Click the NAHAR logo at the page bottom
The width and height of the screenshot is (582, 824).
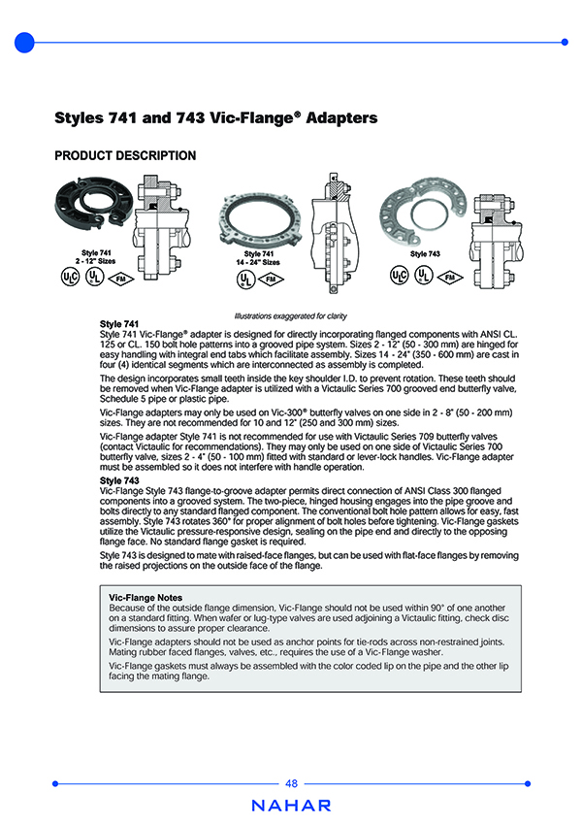point(291,806)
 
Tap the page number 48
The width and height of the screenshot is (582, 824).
point(291,783)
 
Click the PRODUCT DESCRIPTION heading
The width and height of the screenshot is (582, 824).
point(125,156)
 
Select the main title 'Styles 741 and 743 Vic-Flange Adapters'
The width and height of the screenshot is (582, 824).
point(215,118)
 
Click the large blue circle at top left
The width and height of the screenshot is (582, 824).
point(25,42)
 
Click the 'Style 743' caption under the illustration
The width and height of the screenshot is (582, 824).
point(426,253)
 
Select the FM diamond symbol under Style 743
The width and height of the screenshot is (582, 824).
point(449,277)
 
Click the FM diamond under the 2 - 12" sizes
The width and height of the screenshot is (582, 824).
point(119,280)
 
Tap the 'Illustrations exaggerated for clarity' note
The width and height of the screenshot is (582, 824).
point(291,316)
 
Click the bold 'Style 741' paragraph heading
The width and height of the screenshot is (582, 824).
point(119,324)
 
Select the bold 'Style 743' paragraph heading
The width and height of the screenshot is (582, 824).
point(119,480)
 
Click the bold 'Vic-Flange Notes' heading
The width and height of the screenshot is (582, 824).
point(145,598)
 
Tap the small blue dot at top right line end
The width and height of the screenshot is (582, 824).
point(565,42)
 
